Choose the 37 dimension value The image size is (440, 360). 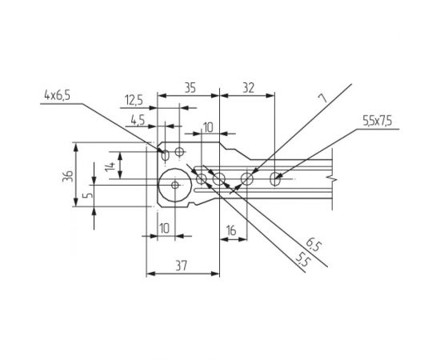pos(182,265)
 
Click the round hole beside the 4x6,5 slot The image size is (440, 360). pos(179,150)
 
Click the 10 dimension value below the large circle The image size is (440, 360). pos(163,229)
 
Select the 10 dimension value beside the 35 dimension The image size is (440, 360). pos(208,127)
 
